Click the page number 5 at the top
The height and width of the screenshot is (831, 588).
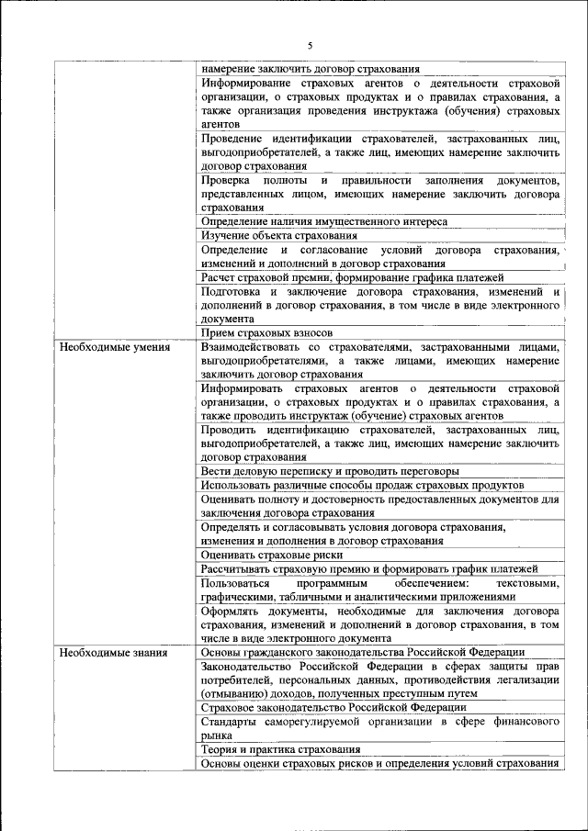pos(310,45)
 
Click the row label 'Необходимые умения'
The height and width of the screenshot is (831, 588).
pos(114,348)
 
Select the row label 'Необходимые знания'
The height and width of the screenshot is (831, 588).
pos(113,653)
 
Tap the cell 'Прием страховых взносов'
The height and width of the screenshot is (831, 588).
pos(266,333)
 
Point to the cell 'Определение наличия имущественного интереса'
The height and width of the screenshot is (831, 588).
pos(323,222)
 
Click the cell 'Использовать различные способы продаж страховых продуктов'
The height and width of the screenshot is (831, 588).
pos(362,486)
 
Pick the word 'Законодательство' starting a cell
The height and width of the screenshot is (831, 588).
pos(251,667)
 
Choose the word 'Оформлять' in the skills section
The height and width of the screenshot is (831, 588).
pos(231,611)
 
